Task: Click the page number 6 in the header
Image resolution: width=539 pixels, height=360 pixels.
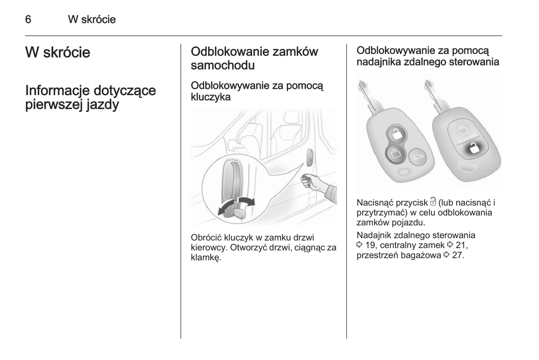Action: coord(28,19)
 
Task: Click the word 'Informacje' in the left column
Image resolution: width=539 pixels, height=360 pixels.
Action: coord(57,91)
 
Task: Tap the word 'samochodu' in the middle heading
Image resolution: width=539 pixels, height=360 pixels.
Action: coord(223,65)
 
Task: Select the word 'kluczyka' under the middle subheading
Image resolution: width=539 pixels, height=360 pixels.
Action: coord(210,97)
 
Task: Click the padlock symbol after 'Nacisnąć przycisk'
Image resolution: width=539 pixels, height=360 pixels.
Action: coord(433,202)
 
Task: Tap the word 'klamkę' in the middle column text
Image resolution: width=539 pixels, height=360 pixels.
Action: coord(205,257)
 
